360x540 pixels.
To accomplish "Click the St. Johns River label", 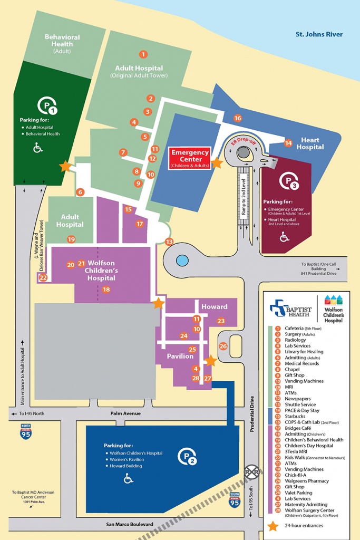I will [x=319, y=34].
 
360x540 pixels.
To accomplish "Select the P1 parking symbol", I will [x=47, y=107].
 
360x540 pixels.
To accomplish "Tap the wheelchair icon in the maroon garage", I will [x=284, y=237].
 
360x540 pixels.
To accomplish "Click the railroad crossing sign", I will [x=252, y=470].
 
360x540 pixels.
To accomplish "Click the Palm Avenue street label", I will [x=125, y=413].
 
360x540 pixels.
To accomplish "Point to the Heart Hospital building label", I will [x=310, y=143].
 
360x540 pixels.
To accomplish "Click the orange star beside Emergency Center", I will [x=217, y=163].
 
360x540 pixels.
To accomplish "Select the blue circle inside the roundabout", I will [x=181, y=261].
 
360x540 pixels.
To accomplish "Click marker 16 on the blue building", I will [x=238, y=118].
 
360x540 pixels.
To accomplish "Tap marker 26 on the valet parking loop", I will [x=223, y=346].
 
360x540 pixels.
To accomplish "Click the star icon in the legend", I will [x=273, y=526].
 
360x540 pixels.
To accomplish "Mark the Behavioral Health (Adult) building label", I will [x=62, y=41].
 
